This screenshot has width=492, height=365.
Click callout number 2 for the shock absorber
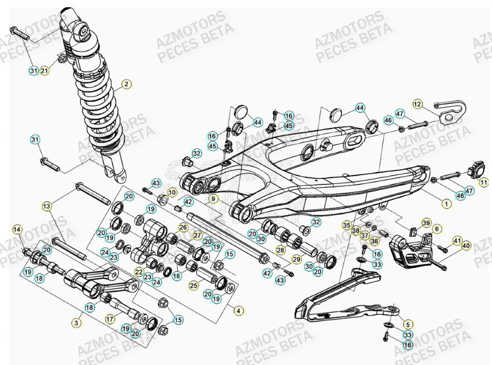tap(126, 84)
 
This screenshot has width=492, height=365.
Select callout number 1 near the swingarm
tap(446, 203)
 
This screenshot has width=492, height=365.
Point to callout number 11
tap(484, 182)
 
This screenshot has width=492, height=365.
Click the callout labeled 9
tap(214, 198)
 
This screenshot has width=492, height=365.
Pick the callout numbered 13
tap(46, 206)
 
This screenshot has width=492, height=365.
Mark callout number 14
tap(17, 229)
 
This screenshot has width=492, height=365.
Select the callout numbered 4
tap(238, 311)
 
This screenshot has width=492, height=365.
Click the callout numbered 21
tap(44, 71)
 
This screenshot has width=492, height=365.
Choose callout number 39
tap(426, 223)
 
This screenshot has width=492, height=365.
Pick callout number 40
tap(466, 245)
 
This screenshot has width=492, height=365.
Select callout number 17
tap(110, 319)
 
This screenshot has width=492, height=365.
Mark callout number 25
tap(193, 286)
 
